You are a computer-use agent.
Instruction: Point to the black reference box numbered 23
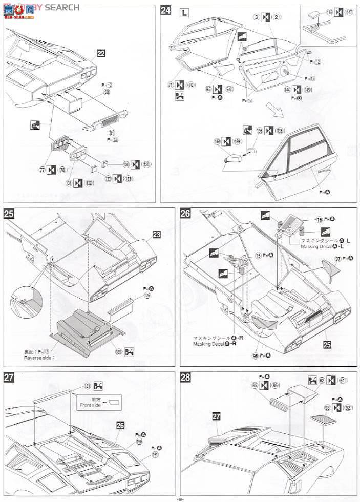pos(156,234)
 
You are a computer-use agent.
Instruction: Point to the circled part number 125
pos(147,296)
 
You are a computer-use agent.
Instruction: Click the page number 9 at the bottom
pos(180,498)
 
